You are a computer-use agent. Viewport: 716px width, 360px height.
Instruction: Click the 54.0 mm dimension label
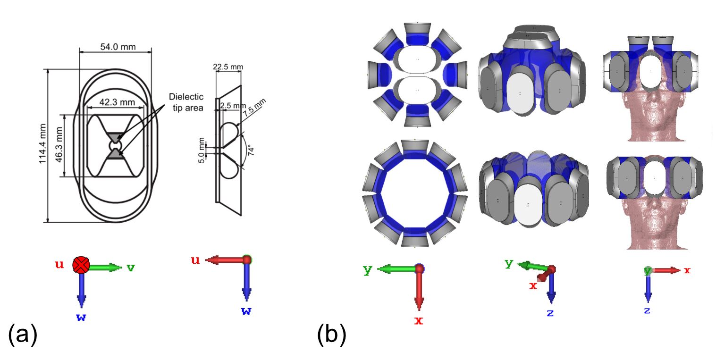[x=118, y=47]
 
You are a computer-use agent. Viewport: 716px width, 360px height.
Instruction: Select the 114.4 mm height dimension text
[x=42, y=144]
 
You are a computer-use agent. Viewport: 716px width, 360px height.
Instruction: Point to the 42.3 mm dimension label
[x=117, y=102]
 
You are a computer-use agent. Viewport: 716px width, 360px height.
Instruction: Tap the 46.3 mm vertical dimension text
[x=59, y=144]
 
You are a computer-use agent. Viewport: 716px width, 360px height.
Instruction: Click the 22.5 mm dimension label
[x=228, y=67]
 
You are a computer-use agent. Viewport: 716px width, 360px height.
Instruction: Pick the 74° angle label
[x=251, y=150]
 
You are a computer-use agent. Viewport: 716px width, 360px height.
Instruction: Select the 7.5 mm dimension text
[x=254, y=108]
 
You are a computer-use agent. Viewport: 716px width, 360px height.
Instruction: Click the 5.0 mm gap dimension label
[x=201, y=151]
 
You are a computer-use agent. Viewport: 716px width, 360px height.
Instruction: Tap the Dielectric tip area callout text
[x=186, y=102]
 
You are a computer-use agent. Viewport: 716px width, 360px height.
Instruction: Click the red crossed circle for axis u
[x=81, y=265]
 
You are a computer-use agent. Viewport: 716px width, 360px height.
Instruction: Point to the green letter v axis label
[x=130, y=268]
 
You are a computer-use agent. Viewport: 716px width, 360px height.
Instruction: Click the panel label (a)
[x=23, y=334]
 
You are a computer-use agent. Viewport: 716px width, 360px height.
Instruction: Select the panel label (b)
[x=332, y=334]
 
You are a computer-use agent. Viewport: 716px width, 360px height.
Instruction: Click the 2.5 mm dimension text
[x=233, y=106]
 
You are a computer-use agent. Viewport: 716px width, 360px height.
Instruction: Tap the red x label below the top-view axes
[x=419, y=320]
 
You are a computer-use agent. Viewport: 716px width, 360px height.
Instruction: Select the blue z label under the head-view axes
[x=647, y=310]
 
